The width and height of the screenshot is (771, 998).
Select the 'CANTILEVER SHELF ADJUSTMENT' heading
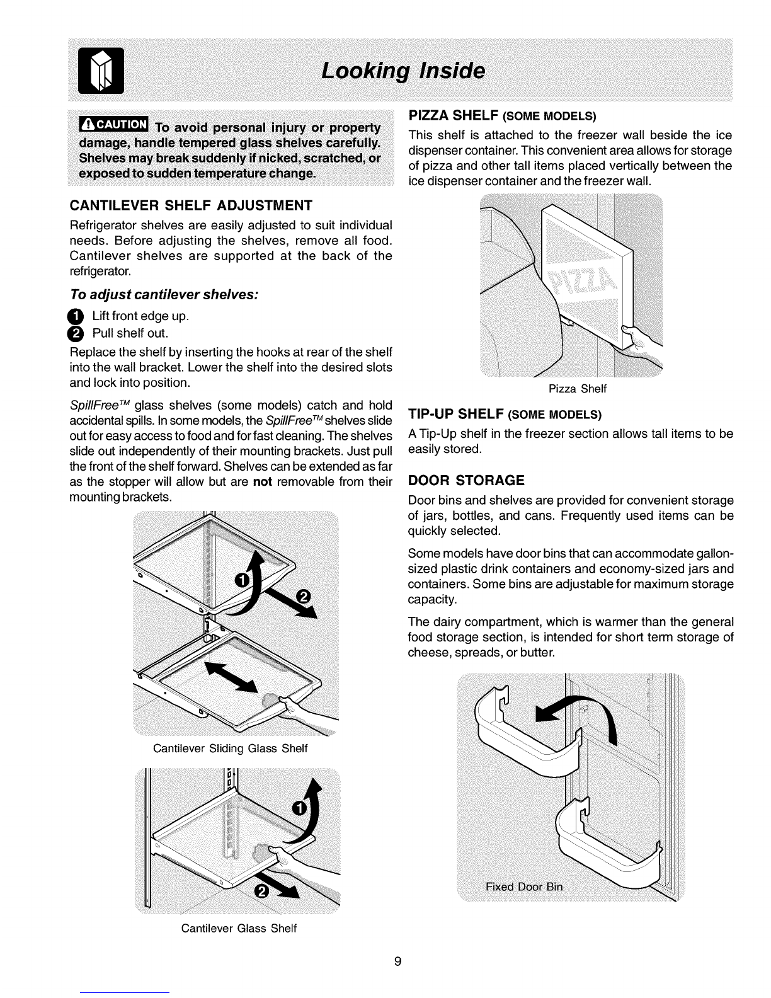(190, 205)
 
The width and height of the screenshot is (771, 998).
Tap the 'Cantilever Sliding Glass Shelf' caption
(230, 748)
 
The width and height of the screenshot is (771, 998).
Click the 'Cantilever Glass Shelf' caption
(239, 929)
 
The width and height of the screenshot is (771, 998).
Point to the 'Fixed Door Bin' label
(524, 887)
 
